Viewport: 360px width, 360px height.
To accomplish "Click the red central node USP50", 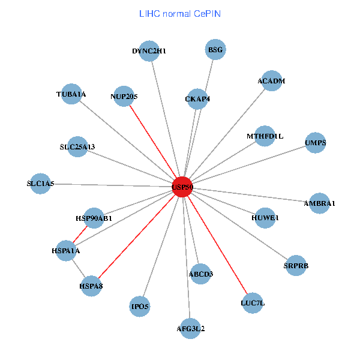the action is click(182, 187).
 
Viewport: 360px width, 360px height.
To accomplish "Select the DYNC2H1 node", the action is click(149, 52).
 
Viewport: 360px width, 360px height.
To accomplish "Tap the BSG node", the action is click(215, 50).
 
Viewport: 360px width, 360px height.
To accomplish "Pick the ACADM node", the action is click(271, 81).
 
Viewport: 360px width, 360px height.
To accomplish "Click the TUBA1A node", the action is click(71, 94).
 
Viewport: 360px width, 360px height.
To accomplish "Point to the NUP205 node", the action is click(124, 96).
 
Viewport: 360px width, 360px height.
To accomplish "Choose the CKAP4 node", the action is click(197, 99).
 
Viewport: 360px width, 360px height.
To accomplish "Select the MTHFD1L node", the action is click(265, 136).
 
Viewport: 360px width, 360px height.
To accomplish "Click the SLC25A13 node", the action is click(77, 146).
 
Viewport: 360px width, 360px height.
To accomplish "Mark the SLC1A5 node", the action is click(41, 184).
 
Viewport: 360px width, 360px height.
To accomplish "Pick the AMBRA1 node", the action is click(320, 203).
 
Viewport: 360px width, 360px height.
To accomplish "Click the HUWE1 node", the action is click(265, 218).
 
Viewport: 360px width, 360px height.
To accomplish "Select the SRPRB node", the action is click(296, 265).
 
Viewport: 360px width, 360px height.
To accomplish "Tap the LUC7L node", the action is click(253, 302).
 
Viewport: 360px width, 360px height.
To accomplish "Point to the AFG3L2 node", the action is click(191, 328).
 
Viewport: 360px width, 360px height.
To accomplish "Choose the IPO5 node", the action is click(140, 307).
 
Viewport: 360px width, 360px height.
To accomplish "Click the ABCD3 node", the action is click(201, 274).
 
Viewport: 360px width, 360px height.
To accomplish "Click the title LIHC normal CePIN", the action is click(180, 13).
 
